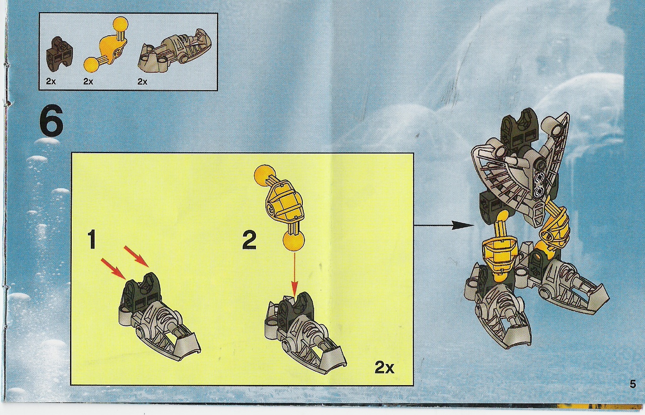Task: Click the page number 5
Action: (633, 384)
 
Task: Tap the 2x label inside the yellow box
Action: (384, 367)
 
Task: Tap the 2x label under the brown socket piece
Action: (51, 81)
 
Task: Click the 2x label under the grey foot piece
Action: (142, 81)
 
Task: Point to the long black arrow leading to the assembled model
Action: (443, 225)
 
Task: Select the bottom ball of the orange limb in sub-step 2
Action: (294, 240)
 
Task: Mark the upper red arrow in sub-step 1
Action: (136, 256)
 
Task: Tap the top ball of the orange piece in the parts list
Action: (120, 24)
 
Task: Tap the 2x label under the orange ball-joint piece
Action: (88, 81)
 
